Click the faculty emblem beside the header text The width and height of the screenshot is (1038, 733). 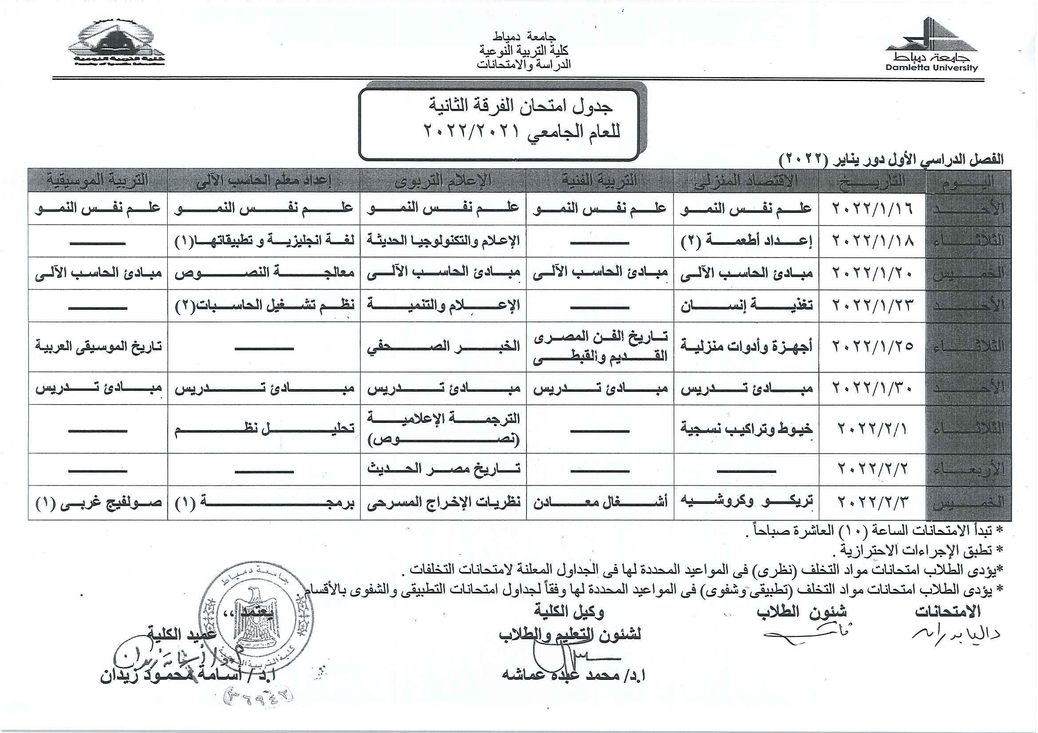(117, 43)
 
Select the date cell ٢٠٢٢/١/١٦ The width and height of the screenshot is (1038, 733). (872, 208)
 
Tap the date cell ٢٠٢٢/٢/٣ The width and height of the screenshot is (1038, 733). (872, 502)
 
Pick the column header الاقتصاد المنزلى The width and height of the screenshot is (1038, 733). (746, 181)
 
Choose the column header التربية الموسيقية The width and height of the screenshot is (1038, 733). (98, 181)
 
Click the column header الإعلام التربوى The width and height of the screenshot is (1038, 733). (443, 181)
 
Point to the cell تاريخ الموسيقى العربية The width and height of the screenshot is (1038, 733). (98, 347)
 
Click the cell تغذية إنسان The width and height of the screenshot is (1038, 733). (747, 306)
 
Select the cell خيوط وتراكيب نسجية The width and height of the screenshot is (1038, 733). (747, 429)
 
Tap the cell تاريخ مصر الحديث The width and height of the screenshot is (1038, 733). (444, 469)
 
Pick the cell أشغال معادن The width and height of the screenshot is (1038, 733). (600, 502)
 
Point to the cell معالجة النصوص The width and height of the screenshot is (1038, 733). (264, 273)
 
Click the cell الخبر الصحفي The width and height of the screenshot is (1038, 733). (444, 347)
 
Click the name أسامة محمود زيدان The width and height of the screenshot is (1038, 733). (188, 675)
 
